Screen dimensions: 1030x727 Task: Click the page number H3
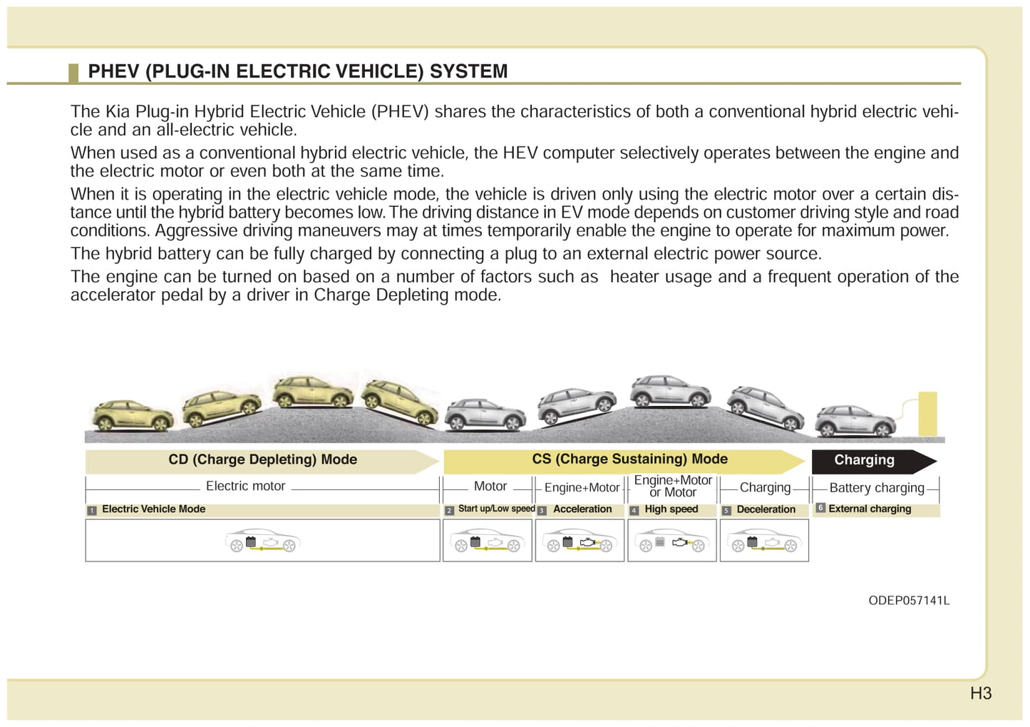click(x=981, y=693)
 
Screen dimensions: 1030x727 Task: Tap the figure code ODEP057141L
click(x=909, y=601)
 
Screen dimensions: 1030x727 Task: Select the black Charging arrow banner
click(x=874, y=462)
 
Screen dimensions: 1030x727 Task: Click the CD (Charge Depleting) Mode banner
click(x=262, y=462)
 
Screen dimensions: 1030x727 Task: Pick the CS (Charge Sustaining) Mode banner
click(x=624, y=462)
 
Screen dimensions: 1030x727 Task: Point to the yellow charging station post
click(x=927, y=414)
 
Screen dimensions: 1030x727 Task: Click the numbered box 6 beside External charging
click(x=820, y=507)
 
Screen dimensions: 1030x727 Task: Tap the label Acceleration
click(x=582, y=509)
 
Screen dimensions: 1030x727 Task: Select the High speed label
click(x=671, y=509)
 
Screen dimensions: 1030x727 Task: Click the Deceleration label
click(x=766, y=509)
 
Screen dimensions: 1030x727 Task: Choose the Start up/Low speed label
click(x=497, y=509)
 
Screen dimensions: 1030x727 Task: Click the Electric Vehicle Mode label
click(x=153, y=509)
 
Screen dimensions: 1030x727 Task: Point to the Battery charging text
click(x=877, y=488)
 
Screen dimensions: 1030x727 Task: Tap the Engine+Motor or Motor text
click(x=673, y=487)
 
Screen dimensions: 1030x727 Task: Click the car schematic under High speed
click(x=672, y=540)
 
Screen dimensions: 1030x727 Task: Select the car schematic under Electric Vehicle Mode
click(x=262, y=540)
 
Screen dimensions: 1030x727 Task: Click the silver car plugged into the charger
click(x=855, y=421)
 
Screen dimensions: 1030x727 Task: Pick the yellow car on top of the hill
click(x=313, y=392)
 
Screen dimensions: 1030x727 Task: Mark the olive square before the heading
click(x=73, y=73)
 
